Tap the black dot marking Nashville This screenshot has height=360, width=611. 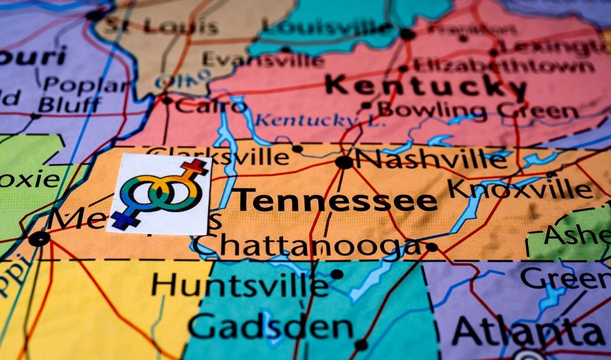(x=344, y=162)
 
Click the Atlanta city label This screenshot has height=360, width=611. (x=530, y=331)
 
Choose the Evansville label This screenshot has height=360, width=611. (x=262, y=59)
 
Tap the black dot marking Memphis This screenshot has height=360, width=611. (x=39, y=238)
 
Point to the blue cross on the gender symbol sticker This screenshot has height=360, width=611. (x=123, y=220)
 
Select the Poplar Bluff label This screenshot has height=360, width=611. (x=72, y=94)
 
